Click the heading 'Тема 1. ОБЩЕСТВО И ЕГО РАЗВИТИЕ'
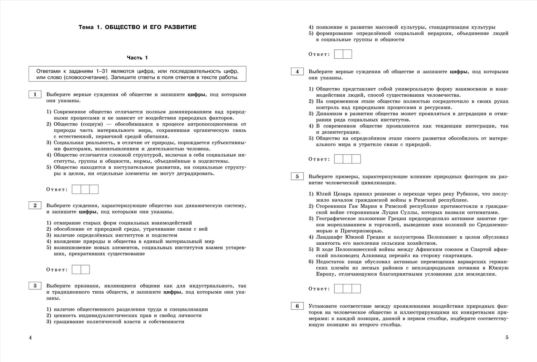tap(137, 27)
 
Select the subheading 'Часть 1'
tap(137, 58)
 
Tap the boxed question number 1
tap(35, 94)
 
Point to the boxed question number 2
tap(35, 205)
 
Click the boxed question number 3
tap(35, 286)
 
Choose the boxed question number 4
tap(297, 72)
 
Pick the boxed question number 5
tap(297, 176)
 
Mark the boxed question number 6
tap(297, 306)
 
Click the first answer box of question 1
tap(77, 189)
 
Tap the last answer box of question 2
tap(85, 269)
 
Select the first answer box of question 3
tap(339, 54)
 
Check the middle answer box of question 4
tap(347, 159)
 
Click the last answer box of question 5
tap(356, 289)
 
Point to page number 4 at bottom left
tap(30, 337)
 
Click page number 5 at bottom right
tap(507, 337)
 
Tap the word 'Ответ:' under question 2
tap(57, 270)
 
